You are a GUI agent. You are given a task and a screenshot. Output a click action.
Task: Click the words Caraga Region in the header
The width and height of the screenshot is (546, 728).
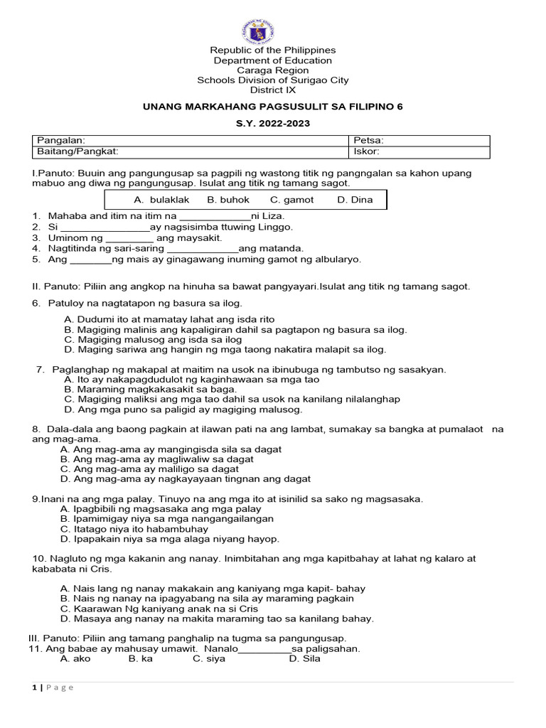point(273,70)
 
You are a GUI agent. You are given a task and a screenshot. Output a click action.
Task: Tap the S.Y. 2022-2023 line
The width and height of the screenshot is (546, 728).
point(273,123)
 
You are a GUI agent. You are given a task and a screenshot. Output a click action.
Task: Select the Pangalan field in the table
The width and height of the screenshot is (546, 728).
point(190,141)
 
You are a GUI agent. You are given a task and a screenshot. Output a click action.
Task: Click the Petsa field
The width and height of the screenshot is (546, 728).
point(419,141)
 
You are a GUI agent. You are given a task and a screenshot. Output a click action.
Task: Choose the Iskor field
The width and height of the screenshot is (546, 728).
point(419,151)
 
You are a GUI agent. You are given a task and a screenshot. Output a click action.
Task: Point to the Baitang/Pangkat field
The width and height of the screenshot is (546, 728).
point(190,151)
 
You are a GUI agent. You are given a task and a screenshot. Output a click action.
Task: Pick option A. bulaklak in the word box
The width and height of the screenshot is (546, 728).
point(161,200)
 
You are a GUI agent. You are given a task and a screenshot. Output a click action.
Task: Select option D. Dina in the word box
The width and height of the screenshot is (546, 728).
point(355,200)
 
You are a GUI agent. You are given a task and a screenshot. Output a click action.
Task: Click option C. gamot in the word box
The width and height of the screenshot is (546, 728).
point(291,200)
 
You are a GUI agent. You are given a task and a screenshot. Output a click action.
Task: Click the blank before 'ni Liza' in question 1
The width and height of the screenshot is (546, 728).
point(215,216)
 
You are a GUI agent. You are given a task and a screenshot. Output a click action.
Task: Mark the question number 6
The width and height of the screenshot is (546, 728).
point(36,304)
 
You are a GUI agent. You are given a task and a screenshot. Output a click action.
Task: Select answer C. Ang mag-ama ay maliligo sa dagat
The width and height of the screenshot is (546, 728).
point(150,469)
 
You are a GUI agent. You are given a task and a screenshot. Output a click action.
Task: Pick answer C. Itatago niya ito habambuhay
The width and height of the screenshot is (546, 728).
point(134,529)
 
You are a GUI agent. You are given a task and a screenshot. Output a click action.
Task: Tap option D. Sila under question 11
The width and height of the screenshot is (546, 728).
point(304,658)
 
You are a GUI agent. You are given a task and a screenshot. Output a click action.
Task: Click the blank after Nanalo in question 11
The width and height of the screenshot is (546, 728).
point(264,649)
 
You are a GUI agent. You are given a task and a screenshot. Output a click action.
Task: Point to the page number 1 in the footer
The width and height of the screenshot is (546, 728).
point(33,687)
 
